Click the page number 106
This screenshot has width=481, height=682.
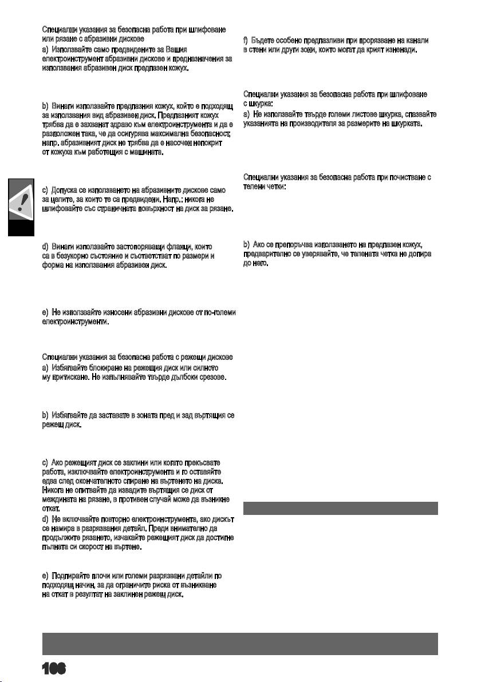click(x=54, y=668)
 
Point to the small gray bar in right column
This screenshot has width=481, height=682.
click(x=341, y=509)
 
